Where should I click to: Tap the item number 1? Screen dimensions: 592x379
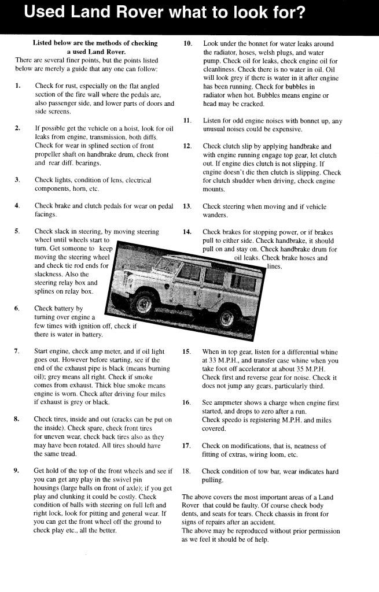coord(18,86)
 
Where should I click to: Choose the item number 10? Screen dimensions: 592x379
coord(187,44)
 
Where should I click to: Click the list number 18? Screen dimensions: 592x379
coord(186,472)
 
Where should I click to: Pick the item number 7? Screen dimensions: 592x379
coord(17,351)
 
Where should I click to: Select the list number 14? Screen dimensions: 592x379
coord(187,232)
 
